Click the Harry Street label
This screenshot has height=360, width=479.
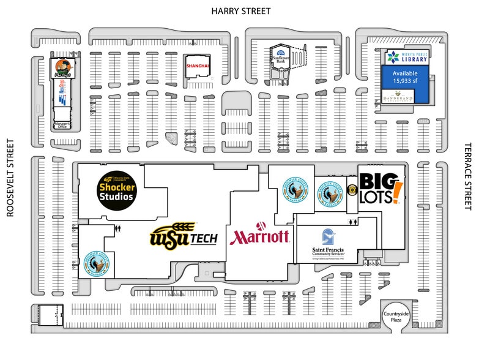(x=240, y=11)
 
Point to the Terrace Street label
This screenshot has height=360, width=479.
(x=469, y=178)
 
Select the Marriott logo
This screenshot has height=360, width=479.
(x=259, y=236)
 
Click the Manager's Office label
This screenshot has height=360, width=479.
(x=63, y=125)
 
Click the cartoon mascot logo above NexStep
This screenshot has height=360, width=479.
(x=61, y=69)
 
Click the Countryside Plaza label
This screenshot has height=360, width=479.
(x=396, y=317)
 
